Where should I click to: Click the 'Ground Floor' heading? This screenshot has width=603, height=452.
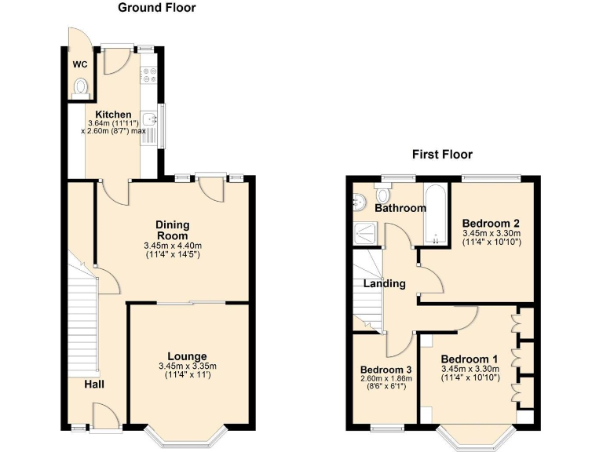coord(156,8)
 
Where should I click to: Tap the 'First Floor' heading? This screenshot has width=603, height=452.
coord(442,155)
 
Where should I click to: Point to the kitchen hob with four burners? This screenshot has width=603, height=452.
coord(149,74)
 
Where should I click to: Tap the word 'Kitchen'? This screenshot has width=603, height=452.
coord(114,115)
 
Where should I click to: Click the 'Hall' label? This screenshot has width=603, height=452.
coord(95,384)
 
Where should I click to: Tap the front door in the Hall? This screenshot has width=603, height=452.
coord(104,415)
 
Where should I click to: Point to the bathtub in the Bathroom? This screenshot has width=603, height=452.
coord(434,216)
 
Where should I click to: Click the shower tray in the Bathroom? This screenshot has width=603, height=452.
coord(364,231)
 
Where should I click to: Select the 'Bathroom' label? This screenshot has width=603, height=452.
coord(400,208)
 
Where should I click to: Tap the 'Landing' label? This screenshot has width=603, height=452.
coord(384,283)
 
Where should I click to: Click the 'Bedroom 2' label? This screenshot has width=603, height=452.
coord(491,222)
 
